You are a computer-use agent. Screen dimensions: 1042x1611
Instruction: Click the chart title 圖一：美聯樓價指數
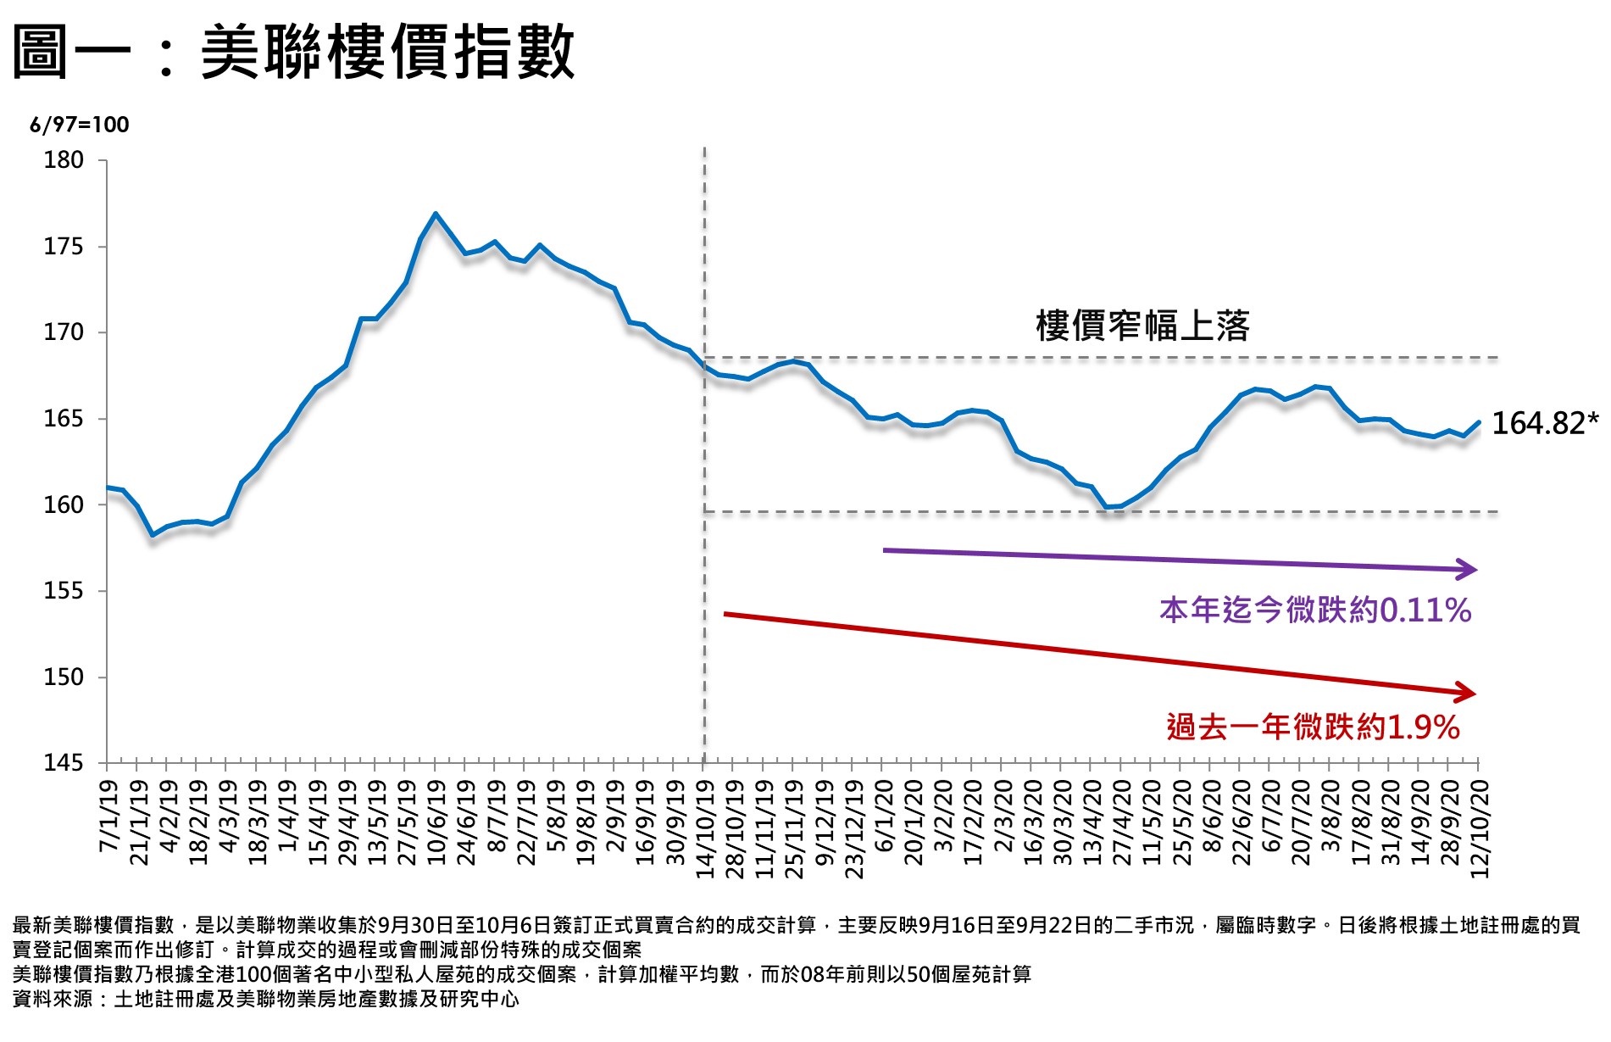pos(293,53)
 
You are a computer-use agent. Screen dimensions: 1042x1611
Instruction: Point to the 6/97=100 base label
pos(80,125)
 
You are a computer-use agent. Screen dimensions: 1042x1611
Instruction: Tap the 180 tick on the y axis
pos(64,160)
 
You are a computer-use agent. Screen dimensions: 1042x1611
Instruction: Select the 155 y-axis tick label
pos(64,591)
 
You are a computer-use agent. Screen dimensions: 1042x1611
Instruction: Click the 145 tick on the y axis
pos(64,763)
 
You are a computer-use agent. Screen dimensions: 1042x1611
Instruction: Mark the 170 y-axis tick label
pos(64,332)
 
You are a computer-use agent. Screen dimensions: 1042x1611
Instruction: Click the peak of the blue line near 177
pos(435,214)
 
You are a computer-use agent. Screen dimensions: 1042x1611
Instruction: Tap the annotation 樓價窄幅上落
pos(1142,326)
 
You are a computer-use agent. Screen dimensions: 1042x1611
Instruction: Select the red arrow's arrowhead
pos(1467,693)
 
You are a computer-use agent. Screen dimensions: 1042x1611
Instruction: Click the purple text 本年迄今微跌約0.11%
pos(1314,610)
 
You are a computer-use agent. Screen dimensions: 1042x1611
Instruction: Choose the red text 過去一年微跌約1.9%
pos(1313,727)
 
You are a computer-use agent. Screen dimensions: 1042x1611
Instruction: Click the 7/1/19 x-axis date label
pos(109,816)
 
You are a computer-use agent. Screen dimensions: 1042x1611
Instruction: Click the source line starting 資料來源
pos(265,999)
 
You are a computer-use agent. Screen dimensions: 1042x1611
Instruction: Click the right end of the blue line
pos(1479,421)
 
